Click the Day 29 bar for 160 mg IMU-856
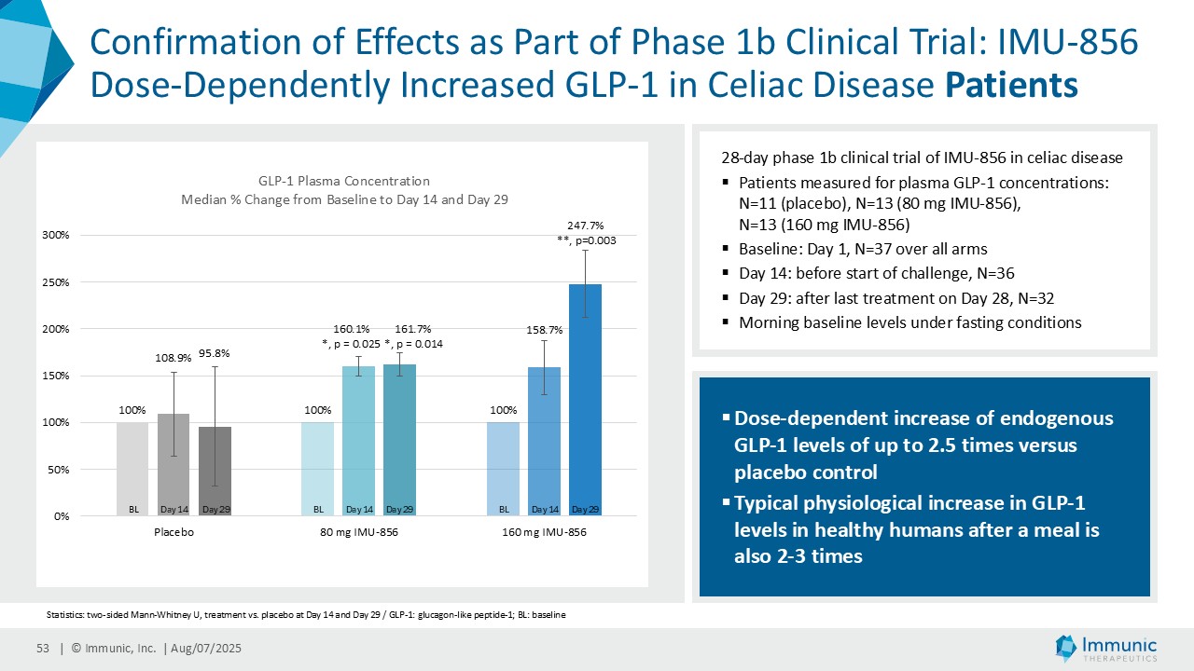(586, 401)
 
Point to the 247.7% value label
(586, 225)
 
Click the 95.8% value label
(215, 353)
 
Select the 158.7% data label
(545, 329)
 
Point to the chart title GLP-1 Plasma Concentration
(344, 181)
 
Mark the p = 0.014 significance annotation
(413, 344)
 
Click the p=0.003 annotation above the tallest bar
(587, 240)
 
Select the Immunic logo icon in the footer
(1066, 648)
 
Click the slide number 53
(42, 649)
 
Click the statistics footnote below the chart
(305, 615)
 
